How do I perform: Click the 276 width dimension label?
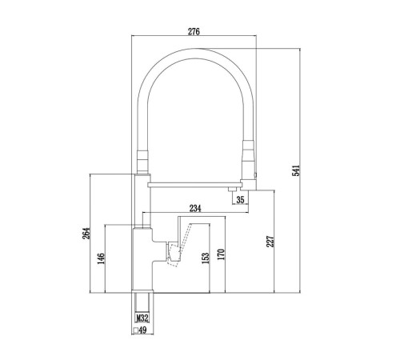click(194, 31)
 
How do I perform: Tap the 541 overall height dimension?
click(296, 170)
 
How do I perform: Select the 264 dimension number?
click(86, 234)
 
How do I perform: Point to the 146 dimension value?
click(102, 258)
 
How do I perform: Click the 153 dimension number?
click(206, 258)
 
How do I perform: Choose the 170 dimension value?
click(221, 254)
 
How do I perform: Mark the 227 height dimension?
click(270, 242)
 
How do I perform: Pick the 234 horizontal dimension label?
click(195, 208)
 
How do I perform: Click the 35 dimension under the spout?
click(240, 200)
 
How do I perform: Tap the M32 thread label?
click(142, 318)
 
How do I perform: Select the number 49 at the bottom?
click(142, 330)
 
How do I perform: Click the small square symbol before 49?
click(136, 330)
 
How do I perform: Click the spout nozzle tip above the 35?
click(232, 190)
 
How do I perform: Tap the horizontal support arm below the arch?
click(194, 185)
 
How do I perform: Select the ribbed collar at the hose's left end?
click(142, 162)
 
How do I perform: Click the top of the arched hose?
click(195, 54)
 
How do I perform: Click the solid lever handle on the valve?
click(174, 252)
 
